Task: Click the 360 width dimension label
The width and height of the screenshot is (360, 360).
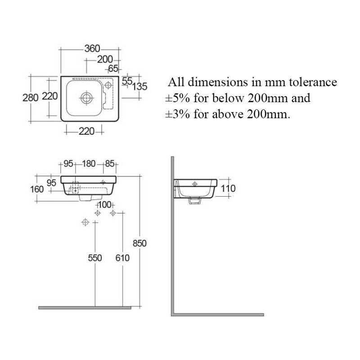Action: [92, 49]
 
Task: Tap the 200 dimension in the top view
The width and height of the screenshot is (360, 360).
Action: [105, 59]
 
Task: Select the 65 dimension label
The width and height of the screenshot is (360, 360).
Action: [113, 68]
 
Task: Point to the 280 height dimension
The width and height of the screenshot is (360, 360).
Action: [30, 98]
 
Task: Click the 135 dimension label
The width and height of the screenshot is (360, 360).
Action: [139, 86]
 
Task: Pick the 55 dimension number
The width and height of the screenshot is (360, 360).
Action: [127, 81]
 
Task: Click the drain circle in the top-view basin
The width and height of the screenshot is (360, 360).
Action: [87, 98]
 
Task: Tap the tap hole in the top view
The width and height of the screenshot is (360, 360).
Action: [108, 85]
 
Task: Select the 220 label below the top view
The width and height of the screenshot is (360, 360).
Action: [86, 131]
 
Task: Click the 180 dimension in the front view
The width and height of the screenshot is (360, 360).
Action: [89, 164]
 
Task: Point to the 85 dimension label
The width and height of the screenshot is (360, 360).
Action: [110, 164]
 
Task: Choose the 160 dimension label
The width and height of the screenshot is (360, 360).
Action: [37, 189]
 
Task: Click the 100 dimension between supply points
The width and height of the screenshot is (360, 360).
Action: [104, 205]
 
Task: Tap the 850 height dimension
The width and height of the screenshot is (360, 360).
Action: [139, 243]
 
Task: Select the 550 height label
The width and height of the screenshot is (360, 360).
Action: [95, 258]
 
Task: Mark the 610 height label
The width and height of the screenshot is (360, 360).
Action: [122, 258]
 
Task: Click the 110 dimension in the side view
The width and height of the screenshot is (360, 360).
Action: [228, 189]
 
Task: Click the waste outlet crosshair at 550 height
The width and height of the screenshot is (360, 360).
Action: [85, 222]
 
